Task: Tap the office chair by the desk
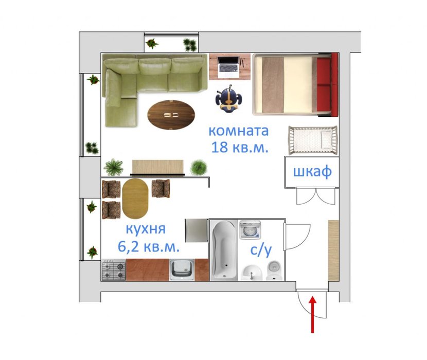[x=229, y=98]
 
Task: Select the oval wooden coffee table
[x=171, y=115]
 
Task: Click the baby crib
[x=313, y=140]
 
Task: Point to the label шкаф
[x=312, y=172]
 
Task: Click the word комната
[x=239, y=131]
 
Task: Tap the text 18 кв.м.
[x=240, y=147]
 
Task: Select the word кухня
[x=146, y=229]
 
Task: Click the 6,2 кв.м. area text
[x=149, y=247]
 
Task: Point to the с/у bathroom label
[x=261, y=250]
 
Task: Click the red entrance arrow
[x=313, y=315]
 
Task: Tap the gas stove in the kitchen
[x=114, y=270]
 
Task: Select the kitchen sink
[x=182, y=270]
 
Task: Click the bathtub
[x=225, y=250]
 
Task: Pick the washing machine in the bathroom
[x=250, y=230]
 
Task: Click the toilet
[x=274, y=271]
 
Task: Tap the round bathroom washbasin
[x=253, y=273]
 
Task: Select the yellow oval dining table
[x=135, y=199]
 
